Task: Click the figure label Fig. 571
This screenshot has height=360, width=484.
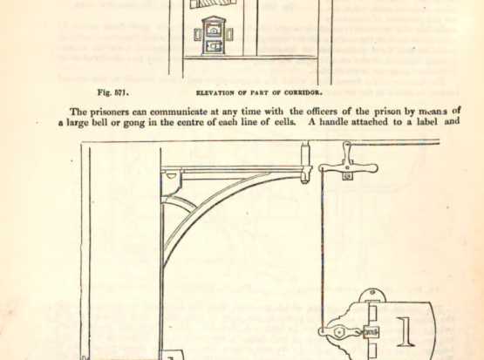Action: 113,92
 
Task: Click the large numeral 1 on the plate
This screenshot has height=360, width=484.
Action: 406,331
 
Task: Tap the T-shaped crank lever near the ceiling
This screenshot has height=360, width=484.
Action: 348,164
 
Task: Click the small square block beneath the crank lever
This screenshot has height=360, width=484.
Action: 348,176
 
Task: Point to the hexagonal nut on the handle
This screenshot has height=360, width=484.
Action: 339,333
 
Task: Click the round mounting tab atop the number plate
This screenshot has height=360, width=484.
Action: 372,295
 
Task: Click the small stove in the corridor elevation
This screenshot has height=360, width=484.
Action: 214,36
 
